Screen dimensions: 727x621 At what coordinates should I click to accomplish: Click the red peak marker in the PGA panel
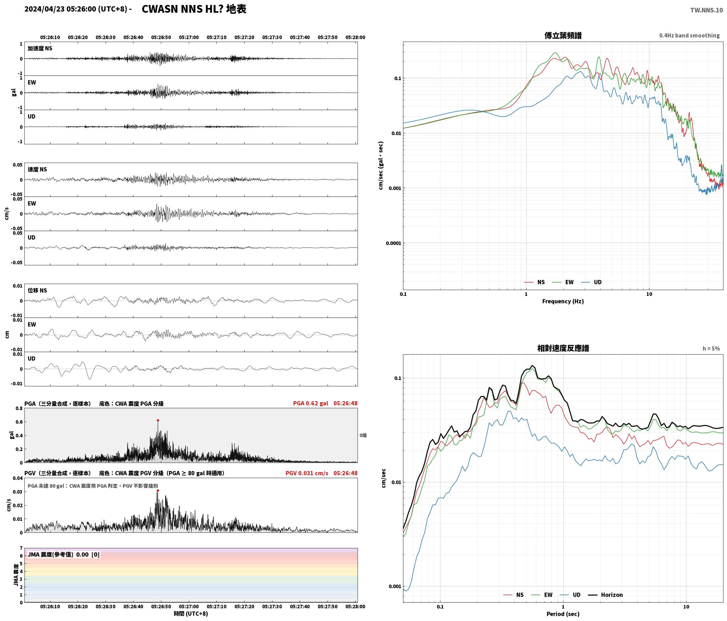click(x=158, y=420)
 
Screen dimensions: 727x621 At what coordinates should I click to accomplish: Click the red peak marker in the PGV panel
click(x=158, y=490)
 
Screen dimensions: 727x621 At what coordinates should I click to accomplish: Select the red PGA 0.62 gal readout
click(x=311, y=403)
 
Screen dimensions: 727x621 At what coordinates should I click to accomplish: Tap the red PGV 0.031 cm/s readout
click(x=307, y=473)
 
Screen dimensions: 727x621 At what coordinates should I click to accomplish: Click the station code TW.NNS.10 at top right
click(x=707, y=10)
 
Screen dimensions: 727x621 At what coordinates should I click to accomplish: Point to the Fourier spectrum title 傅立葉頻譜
click(x=563, y=36)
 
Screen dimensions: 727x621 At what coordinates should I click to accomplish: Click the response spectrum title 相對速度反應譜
click(x=563, y=348)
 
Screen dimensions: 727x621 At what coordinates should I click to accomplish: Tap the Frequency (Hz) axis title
click(x=563, y=301)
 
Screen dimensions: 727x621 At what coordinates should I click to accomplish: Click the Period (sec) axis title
click(x=563, y=614)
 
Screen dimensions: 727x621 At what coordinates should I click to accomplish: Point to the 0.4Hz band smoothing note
click(x=689, y=36)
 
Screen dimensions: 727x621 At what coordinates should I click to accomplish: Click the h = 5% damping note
click(x=711, y=349)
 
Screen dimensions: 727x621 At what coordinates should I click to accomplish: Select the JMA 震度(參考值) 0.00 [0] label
click(x=64, y=555)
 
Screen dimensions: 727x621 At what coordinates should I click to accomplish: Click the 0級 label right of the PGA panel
click(x=363, y=435)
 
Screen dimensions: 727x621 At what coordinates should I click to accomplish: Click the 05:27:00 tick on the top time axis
click(x=189, y=37)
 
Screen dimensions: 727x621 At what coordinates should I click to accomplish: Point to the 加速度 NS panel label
click(x=40, y=48)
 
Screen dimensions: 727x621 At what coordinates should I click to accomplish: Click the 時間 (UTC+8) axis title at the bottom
click(x=191, y=614)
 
